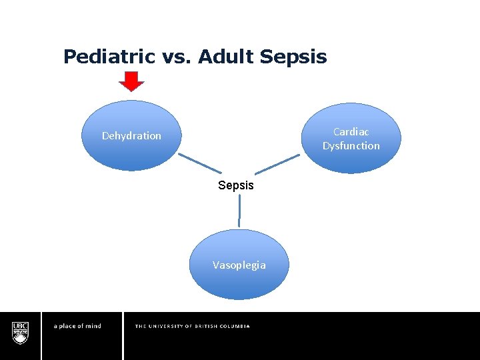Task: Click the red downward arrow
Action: click(x=131, y=81)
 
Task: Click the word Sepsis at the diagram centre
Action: click(x=236, y=185)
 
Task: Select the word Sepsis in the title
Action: click(x=293, y=57)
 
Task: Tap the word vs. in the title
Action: click(x=175, y=57)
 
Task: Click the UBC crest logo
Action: click(x=20, y=332)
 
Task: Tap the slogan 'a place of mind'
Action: click(x=77, y=326)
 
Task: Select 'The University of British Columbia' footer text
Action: click(x=192, y=326)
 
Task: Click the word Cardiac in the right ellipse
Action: click(x=351, y=132)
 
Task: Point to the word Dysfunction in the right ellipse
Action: click(x=351, y=146)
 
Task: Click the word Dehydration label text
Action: click(x=131, y=136)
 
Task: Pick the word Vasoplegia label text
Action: click(x=239, y=265)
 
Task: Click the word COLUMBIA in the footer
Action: click(x=235, y=326)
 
